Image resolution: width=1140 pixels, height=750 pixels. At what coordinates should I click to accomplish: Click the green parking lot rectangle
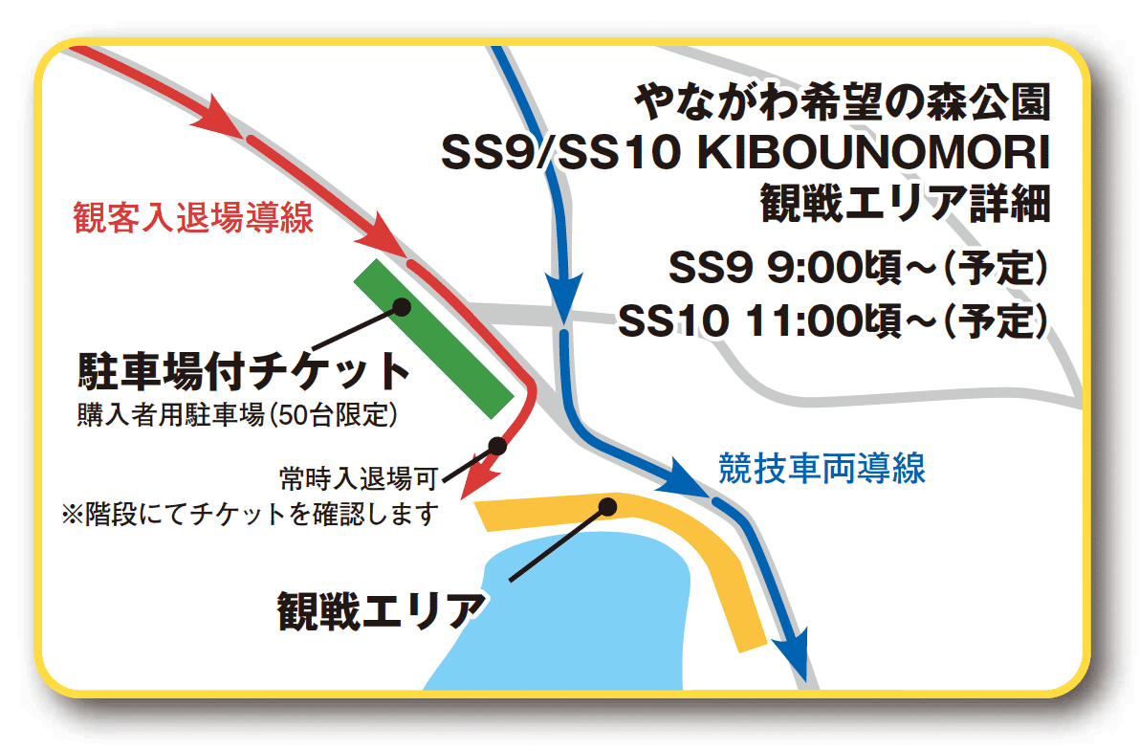coord(433,339)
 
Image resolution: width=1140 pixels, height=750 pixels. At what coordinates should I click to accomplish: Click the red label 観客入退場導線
coord(192,217)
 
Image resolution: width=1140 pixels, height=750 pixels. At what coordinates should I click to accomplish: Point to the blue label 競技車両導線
coord(822,469)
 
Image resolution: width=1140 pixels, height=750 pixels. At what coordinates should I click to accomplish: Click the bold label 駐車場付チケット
coord(244,371)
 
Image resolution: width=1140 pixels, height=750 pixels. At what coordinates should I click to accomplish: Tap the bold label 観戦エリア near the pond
coord(381,610)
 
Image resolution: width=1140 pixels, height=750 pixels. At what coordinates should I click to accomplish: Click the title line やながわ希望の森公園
coord(843,101)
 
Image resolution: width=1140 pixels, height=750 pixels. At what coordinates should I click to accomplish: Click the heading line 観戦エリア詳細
coord(905,203)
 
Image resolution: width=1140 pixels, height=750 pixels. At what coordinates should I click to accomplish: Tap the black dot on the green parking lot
coord(402,307)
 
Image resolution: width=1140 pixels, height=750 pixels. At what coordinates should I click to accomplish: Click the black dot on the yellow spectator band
coord(607,506)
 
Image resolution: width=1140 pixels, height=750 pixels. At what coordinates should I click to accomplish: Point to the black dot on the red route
coord(497,445)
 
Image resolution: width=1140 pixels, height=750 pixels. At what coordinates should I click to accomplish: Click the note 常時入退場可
coord(360,478)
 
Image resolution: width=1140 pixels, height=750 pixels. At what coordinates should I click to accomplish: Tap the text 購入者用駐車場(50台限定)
coord(237,415)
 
